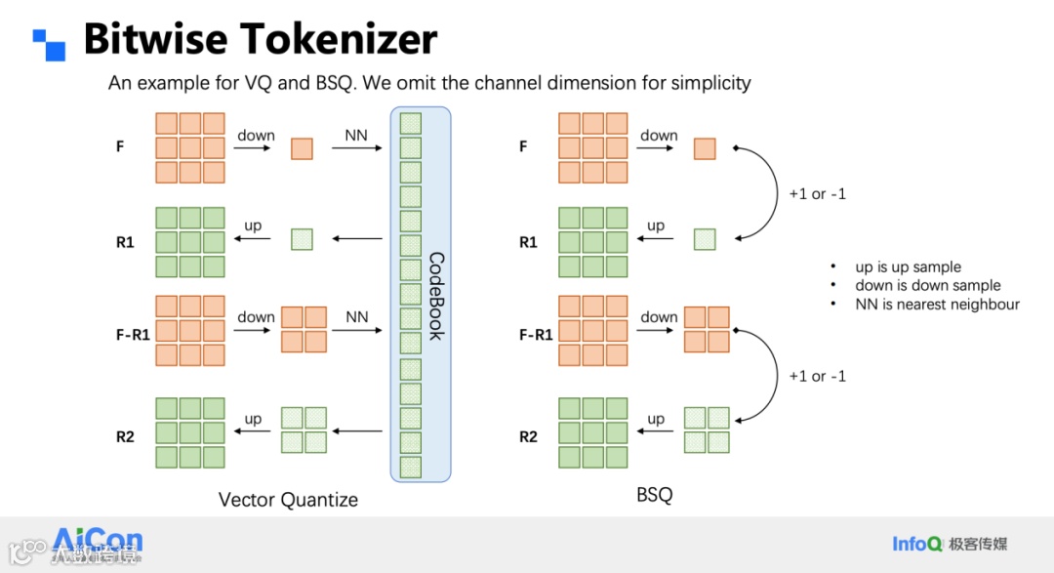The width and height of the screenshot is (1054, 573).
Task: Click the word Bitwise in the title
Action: [x=156, y=40]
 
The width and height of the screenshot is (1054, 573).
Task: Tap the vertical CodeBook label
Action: [x=435, y=296]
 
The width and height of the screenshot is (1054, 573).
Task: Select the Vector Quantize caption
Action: [x=288, y=500]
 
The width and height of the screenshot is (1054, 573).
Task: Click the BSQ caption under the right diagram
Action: [x=654, y=495]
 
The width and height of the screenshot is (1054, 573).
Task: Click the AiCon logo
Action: [x=98, y=543]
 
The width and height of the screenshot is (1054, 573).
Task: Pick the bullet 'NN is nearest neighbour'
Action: [x=937, y=304]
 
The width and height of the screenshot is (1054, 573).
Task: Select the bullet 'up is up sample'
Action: [x=908, y=266]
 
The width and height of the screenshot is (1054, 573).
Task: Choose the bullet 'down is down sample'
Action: [x=927, y=285]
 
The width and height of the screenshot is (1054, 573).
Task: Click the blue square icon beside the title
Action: [x=49, y=44]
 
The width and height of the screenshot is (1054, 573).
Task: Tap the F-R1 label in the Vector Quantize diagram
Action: [x=133, y=335]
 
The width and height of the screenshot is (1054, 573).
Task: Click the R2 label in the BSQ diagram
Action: [x=528, y=436]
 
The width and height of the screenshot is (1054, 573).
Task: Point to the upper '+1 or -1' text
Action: [x=817, y=193]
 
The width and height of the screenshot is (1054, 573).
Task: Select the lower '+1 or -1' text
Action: [x=817, y=376]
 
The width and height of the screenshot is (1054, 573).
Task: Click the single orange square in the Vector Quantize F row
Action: [x=302, y=148]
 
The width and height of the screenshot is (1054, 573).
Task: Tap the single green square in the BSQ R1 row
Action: [x=705, y=239]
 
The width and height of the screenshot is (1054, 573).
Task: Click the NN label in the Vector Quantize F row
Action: [x=356, y=135]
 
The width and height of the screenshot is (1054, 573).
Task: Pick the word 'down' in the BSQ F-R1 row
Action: [x=659, y=316]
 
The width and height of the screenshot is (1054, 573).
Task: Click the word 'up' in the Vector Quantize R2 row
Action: [x=253, y=419]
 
